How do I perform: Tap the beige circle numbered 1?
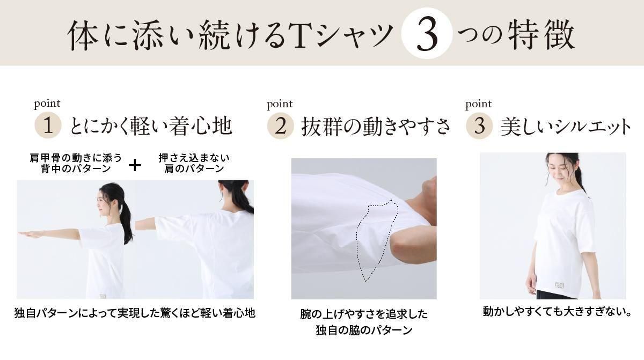[x=48, y=125]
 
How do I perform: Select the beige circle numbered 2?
[x=281, y=126]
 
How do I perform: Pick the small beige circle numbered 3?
[x=479, y=126]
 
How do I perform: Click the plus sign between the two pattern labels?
[x=135, y=165]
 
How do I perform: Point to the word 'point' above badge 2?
[x=280, y=104]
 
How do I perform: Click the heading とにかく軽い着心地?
[x=151, y=126]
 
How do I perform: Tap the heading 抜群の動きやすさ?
[x=375, y=127]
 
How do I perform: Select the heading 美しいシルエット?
[x=565, y=127]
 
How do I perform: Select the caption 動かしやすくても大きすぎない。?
[x=557, y=311]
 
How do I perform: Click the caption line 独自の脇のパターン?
[x=364, y=330]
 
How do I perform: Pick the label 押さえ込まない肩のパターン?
[x=194, y=163]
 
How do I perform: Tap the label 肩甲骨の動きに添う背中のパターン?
[x=76, y=163]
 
